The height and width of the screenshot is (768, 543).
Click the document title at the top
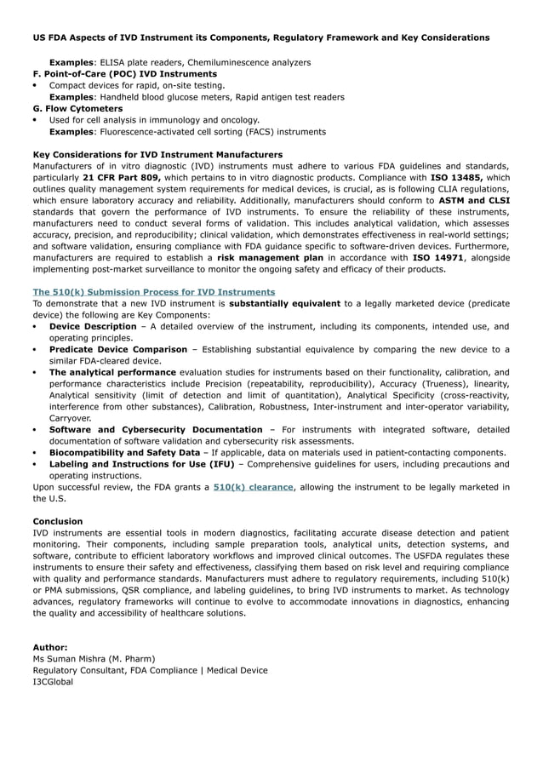(260, 37)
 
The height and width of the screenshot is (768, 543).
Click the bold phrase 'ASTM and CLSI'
(473, 200)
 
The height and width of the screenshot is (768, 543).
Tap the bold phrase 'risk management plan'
(271, 257)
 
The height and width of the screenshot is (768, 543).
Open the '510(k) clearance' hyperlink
(254, 487)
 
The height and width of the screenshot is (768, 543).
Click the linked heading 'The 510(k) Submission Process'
(153, 292)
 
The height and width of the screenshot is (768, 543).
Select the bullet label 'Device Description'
(92, 326)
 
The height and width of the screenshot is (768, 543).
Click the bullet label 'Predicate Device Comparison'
(118, 349)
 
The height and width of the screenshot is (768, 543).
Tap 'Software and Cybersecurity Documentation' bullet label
(156, 430)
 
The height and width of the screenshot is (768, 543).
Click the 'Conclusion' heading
(58, 521)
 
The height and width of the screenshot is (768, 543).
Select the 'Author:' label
(50, 647)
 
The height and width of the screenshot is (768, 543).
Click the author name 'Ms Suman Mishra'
(73, 659)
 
